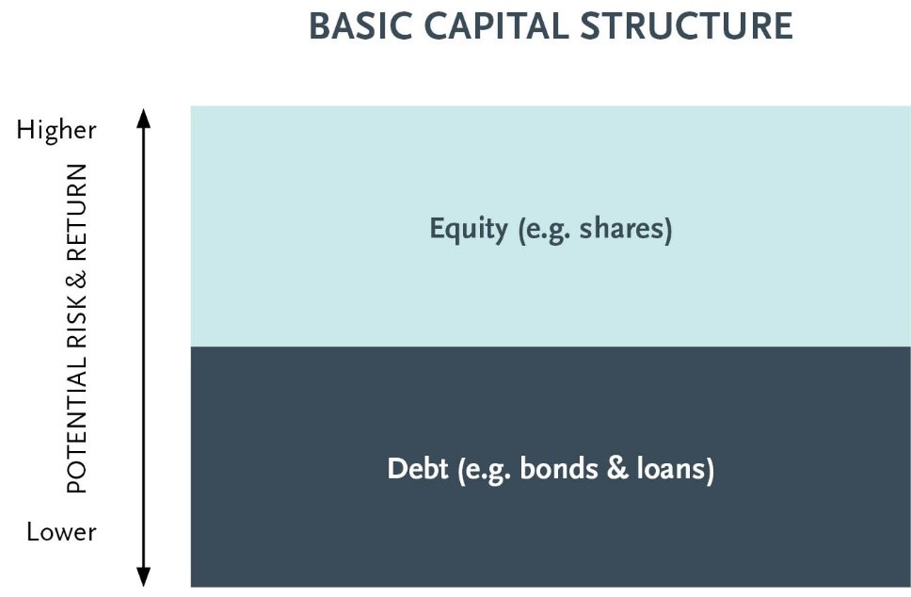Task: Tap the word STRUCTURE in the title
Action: (x=687, y=26)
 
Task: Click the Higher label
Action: (x=56, y=130)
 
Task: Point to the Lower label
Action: (x=61, y=532)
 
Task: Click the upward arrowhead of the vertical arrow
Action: (x=143, y=118)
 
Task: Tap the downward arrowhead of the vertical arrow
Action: (x=143, y=576)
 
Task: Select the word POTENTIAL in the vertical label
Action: (x=77, y=425)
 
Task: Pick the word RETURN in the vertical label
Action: (x=77, y=212)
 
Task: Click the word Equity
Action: (x=469, y=229)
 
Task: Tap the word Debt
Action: (x=418, y=469)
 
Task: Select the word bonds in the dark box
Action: (x=558, y=469)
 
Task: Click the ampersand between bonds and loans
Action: (x=617, y=469)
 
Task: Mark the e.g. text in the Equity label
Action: (x=545, y=230)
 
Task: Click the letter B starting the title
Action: (x=320, y=26)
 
